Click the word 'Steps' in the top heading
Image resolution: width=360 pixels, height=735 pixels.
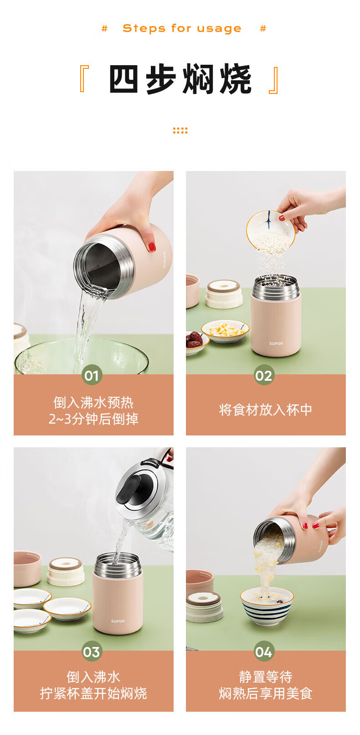(x=144, y=29)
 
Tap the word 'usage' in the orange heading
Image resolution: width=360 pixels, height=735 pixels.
(x=219, y=29)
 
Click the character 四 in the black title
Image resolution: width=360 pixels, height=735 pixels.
(x=123, y=79)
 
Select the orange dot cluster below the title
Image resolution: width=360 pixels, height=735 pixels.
(x=180, y=130)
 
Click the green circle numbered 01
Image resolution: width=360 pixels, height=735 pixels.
(x=92, y=375)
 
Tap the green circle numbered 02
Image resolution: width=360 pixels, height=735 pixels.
(x=264, y=375)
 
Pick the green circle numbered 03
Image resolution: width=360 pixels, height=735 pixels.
(x=92, y=651)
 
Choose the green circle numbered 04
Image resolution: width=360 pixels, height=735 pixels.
(x=264, y=651)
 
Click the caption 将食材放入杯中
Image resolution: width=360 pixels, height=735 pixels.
(x=266, y=409)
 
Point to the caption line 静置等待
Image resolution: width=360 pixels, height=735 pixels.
(x=266, y=677)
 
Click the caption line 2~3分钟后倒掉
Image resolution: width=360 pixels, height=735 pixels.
(x=93, y=419)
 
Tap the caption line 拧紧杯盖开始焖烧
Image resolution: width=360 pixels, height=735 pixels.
(x=93, y=693)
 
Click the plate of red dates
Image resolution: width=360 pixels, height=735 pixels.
(x=196, y=342)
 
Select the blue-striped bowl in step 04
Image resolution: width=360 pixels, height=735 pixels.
(x=267, y=606)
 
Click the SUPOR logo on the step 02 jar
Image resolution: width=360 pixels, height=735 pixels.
(x=276, y=343)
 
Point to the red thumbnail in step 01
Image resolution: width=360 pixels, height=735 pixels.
(x=152, y=246)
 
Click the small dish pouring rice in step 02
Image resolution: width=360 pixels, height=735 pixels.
(x=271, y=232)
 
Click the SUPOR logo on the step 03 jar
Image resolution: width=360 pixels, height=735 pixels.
(x=118, y=621)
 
